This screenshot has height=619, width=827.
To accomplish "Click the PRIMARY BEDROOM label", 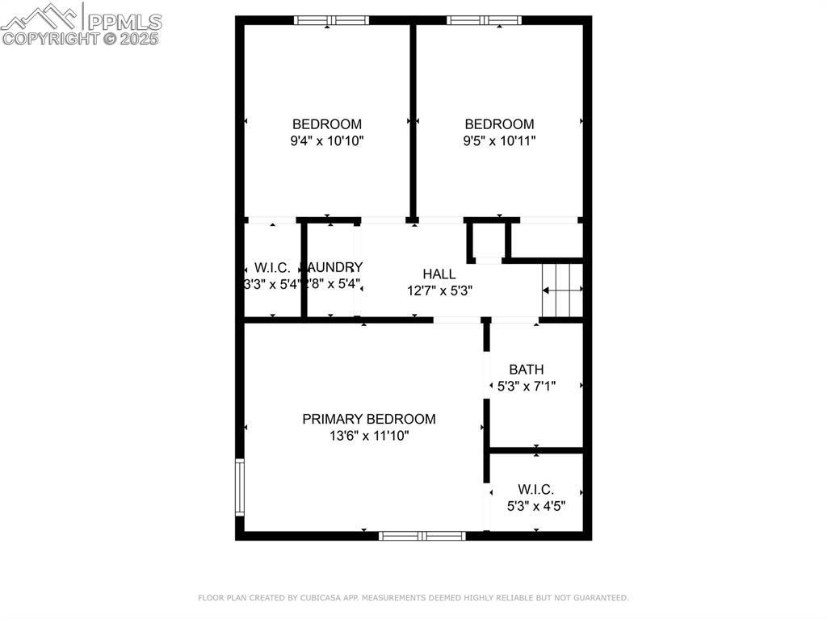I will click(368, 419).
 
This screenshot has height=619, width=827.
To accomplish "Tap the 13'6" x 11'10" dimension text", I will click(368, 436).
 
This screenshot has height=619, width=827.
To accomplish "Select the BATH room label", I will click(526, 370).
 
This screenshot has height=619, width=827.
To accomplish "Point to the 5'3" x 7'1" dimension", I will click(526, 386).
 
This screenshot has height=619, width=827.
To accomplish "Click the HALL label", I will click(439, 274).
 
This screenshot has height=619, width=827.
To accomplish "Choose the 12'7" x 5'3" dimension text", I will click(439, 291).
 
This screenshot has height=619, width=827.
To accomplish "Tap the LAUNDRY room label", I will click(334, 267).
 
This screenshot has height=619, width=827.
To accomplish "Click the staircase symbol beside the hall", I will click(561, 289).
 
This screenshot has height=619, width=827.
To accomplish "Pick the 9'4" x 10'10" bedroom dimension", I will click(326, 140).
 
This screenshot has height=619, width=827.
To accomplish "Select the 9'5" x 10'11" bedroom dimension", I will click(499, 140).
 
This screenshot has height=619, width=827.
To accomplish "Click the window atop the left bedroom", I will click(331, 20).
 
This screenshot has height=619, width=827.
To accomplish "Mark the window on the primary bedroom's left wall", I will click(239, 487).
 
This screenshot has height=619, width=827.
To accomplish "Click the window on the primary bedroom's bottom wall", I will click(422, 535).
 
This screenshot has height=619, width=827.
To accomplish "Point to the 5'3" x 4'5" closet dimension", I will click(535, 506).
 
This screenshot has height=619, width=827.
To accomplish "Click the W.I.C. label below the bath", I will click(535, 489).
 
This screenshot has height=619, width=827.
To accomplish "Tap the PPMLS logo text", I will click(124, 21).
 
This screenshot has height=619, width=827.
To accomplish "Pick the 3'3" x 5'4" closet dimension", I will click(271, 284).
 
